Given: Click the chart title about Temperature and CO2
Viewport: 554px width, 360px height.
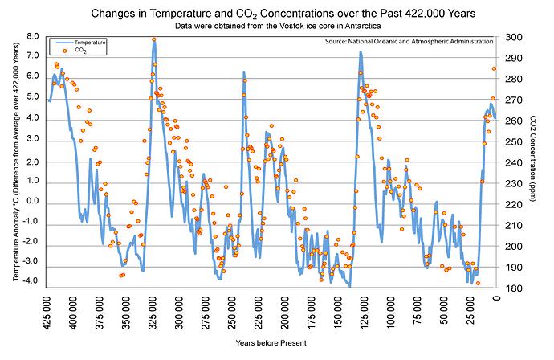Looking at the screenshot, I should pos(277,14).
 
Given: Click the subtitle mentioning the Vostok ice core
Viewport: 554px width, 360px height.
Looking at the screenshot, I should pos(277,26).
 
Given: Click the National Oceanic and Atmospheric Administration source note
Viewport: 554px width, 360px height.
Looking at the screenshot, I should pos(409,41).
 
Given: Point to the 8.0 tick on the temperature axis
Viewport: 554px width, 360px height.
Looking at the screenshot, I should pos(33,37).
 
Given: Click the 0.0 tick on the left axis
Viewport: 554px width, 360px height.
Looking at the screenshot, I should pos(33,199).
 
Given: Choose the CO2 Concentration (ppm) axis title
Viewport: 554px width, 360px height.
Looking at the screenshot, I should pos(534,161).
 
